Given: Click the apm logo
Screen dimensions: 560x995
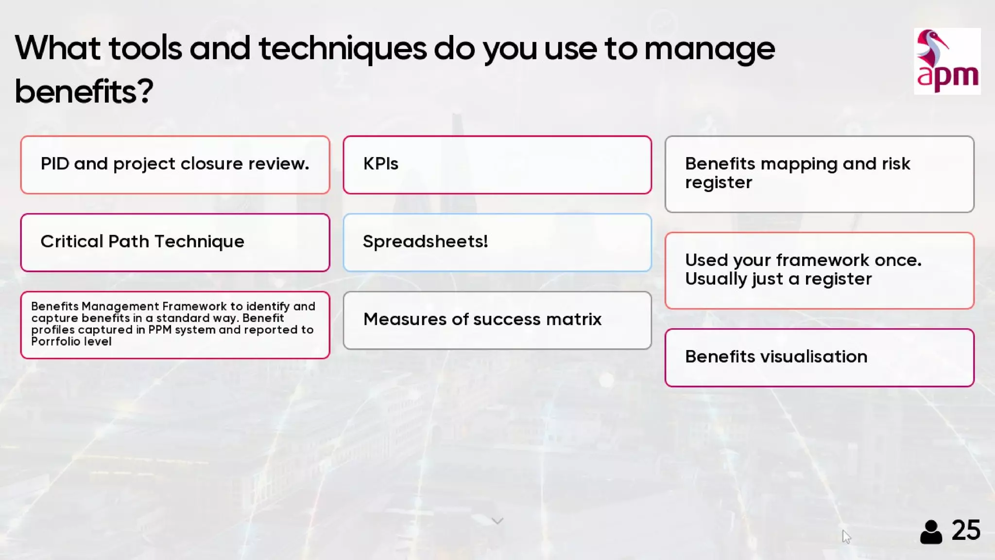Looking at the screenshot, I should tap(947, 61).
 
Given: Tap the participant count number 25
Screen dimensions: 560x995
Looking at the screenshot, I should tap(966, 530).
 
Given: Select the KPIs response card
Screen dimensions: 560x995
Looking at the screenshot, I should tap(497, 165).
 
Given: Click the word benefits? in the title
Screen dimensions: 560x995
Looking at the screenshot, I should tap(84, 91).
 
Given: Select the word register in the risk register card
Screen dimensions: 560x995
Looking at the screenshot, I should tap(719, 183).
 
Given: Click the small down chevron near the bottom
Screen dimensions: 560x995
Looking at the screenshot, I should tap(497, 521).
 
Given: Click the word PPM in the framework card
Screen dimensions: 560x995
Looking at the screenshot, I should tap(160, 330).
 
